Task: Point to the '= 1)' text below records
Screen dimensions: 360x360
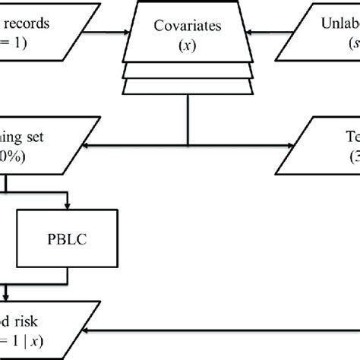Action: click(x=15, y=44)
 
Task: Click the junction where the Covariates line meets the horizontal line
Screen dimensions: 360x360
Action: click(x=187, y=147)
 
